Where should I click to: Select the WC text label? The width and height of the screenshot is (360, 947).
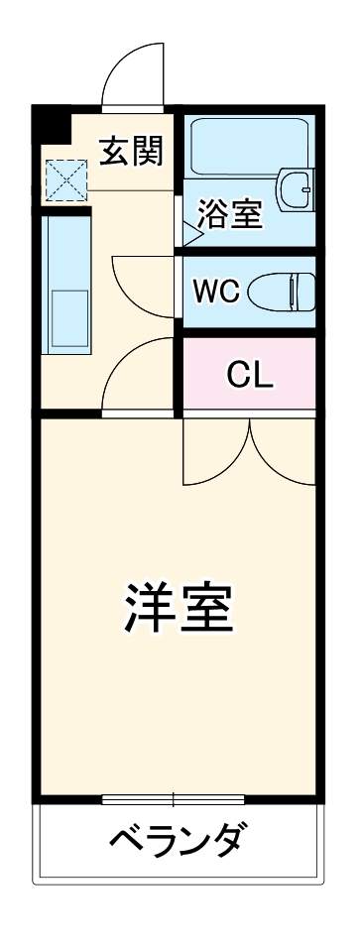(215, 292)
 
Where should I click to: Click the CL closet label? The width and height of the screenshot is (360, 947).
(249, 374)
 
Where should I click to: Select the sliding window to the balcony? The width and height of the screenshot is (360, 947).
(174, 798)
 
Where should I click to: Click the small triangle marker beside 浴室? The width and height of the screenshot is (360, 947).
(188, 236)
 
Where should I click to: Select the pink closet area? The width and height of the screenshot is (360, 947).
(249, 374)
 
